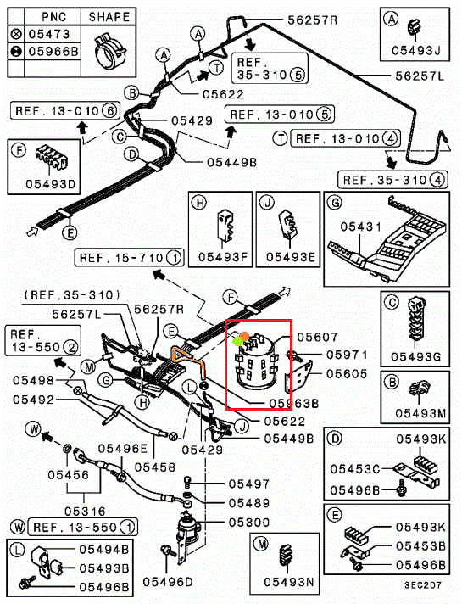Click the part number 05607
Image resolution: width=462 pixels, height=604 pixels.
point(317,337)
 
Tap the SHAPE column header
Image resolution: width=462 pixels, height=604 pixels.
point(109,17)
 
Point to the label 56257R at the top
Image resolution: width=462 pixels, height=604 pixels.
point(312,20)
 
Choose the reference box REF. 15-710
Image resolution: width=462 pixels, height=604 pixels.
point(129,257)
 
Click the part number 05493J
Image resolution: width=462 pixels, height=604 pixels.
point(415,50)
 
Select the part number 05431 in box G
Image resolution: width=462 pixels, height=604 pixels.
point(361,226)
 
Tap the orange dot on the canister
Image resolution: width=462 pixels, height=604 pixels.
point(244,336)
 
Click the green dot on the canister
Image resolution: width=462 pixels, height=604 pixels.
point(237,341)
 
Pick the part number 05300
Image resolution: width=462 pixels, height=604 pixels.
point(249,523)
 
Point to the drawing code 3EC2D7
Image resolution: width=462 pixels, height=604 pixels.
point(423,585)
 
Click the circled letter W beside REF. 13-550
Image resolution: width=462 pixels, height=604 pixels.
point(18,527)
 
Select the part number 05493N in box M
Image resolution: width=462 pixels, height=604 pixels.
point(289,582)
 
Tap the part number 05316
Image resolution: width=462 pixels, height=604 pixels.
point(85,512)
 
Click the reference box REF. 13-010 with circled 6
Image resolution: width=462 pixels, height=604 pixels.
point(65,111)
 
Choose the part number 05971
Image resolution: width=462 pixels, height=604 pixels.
point(347,355)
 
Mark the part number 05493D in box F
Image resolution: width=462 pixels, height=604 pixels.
point(50,184)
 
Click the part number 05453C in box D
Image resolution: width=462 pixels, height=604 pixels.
point(355,469)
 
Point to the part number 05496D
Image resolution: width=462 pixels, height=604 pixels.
point(168,582)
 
